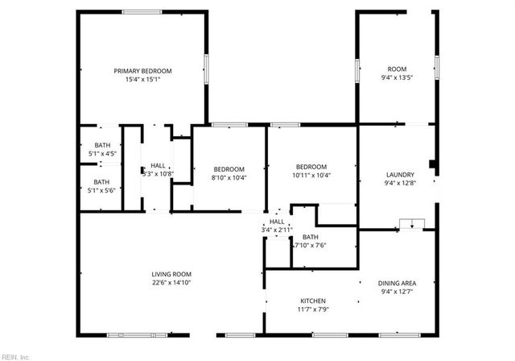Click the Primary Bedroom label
pos(142,71)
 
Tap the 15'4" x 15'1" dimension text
pos(142,80)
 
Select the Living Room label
pos(171,274)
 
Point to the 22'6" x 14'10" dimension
pos(171,283)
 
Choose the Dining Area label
pos(398,283)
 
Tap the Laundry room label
pos(400,175)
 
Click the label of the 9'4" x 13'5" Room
pos(397,69)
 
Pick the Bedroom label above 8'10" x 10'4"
pos(229,168)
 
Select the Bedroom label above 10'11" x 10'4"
pos(311,166)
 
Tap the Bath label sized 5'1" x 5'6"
pos(101,182)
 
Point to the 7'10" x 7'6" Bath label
pos(311,237)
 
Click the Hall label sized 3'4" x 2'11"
pos(277,222)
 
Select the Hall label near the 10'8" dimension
pos(158,165)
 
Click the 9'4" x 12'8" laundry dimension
pos(400,184)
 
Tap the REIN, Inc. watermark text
pos(15,356)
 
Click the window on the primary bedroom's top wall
pos(142,10)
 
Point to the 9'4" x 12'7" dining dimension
pos(398,292)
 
